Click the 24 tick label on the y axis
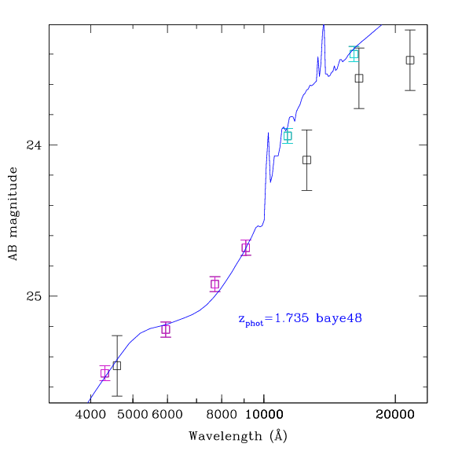coord(34,145)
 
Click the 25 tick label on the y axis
coord(34,296)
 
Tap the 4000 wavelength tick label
coord(90,415)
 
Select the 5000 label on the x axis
coord(133,415)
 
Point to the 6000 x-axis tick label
coord(167,415)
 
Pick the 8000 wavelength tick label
coord(222,415)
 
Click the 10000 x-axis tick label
coord(264,415)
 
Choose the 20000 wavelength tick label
coord(395,415)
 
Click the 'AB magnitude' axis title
coord(13,214)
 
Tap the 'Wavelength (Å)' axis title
coord(238,436)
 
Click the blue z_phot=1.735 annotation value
coord(273,319)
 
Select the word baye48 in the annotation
coord(339,318)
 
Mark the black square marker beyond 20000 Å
coord(410,60)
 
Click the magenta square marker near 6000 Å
coord(166,329)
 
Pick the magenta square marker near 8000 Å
coord(214,284)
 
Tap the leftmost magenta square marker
coord(104,373)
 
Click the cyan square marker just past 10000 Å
coord(288,136)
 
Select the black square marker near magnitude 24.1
coord(306,160)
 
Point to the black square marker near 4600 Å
coord(117,365)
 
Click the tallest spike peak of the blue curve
coord(324,26)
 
